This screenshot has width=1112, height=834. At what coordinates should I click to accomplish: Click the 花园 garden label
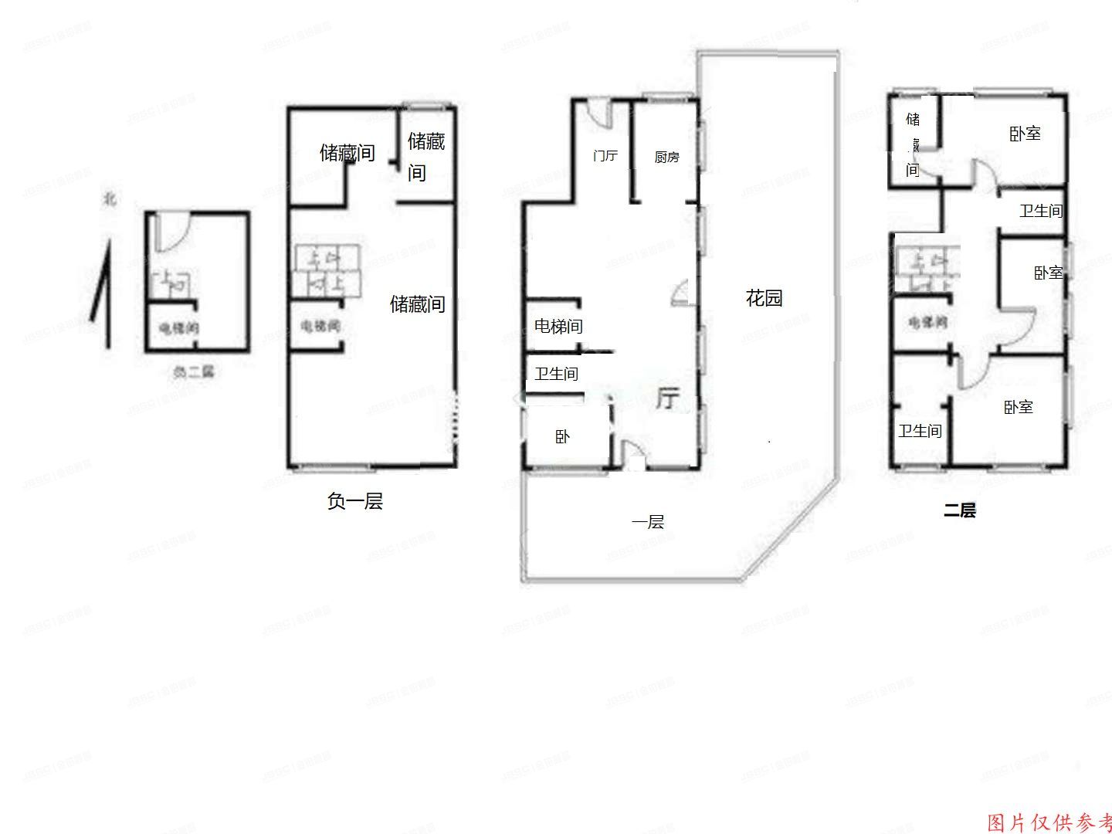[x=764, y=297]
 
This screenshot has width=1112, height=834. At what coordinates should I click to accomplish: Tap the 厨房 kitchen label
[x=666, y=157]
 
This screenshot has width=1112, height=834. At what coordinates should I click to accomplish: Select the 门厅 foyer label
[x=605, y=156]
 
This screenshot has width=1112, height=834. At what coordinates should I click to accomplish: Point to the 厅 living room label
[x=667, y=398]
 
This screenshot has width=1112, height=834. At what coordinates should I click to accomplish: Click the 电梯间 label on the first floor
[x=558, y=326]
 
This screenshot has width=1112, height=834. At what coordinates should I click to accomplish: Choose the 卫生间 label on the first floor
[x=556, y=374]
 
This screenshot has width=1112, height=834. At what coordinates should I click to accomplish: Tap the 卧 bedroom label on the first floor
[x=563, y=437]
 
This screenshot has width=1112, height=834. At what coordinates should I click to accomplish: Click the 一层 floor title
[x=647, y=522]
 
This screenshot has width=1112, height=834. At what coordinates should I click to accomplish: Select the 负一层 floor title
[x=354, y=501]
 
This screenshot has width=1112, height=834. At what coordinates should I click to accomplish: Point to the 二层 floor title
[x=960, y=510]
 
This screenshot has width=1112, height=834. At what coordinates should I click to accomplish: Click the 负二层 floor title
[x=193, y=371]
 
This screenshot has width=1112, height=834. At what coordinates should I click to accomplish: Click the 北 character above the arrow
[x=110, y=199]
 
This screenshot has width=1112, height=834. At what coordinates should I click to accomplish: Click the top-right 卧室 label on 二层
[x=1025, y=134]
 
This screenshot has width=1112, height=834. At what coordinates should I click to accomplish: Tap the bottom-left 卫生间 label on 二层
[x=920, y=430]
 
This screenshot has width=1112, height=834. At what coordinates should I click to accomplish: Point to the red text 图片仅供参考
[x=1049, y=822]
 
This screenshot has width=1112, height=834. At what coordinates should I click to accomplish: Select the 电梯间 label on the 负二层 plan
[x=178, y=328]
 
